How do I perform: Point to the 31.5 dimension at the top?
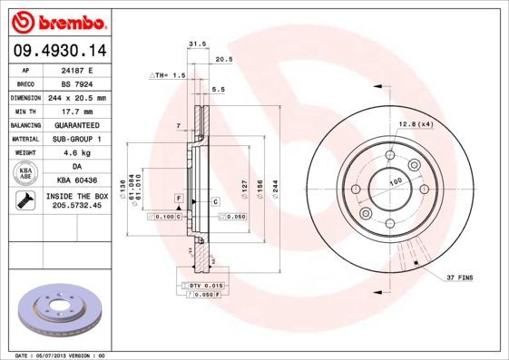[193, 44]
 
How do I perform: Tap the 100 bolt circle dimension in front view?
[396, 182]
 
